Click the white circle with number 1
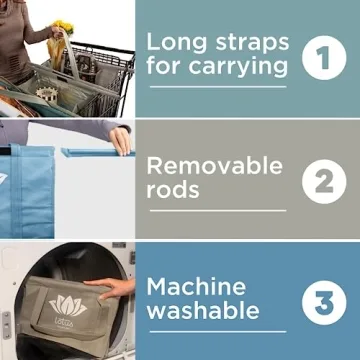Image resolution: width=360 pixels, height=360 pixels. [324, 58]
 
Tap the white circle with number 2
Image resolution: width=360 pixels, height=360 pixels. [324, 181]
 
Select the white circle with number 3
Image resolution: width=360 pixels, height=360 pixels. [324, 303]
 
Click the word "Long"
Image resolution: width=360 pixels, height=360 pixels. [178, 43]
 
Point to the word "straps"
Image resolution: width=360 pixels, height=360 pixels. [252, 43]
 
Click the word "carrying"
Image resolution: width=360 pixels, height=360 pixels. [238, 67]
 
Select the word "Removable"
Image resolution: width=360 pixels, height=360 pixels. [215, 166]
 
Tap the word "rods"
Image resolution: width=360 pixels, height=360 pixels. [173, 190]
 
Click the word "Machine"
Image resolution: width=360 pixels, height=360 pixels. [196, 287]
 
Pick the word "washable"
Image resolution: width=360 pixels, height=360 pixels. [203, 311]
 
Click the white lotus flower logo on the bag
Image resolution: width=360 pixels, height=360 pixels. [68, 305]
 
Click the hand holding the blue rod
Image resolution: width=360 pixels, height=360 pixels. [120, 141]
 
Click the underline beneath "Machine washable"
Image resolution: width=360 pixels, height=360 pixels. [218, 332]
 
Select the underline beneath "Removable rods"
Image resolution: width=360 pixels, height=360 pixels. [218, 211]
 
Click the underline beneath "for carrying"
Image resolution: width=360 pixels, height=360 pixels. [218, 87]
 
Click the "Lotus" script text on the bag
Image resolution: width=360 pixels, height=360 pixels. [64, 321]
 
